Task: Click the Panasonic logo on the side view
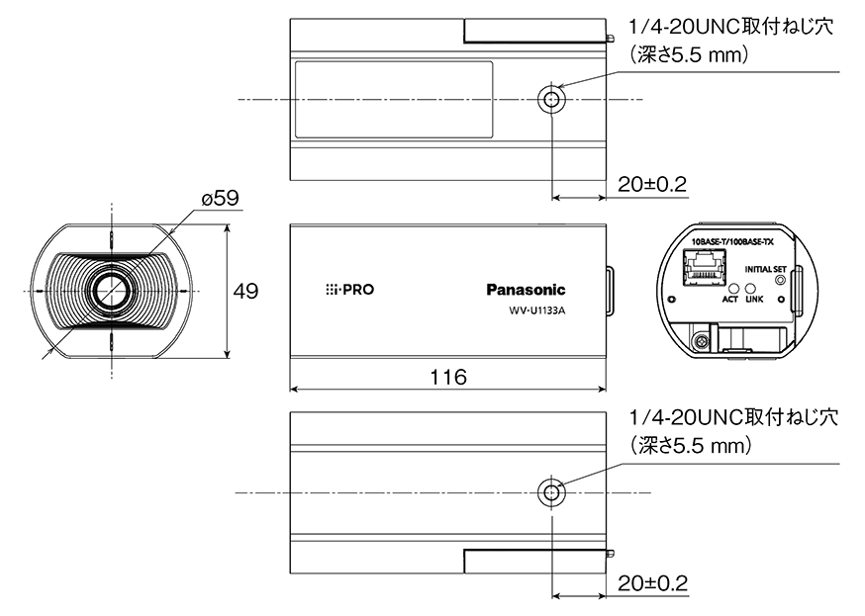(x=526, y=290)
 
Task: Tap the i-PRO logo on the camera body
(x=350, y=291)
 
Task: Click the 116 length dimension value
(x=448, y=377)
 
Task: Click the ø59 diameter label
(x=220, y=199)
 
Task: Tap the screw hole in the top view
(x=550, y=100)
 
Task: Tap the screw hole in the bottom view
(x=550, y=491)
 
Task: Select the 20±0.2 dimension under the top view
(x=651, y=184)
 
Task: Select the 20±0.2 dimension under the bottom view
(x=651, y=578)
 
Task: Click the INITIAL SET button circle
(x=781, y=281)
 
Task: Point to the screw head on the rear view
(x=702, y=340)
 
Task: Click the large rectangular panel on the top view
(x=393, y=98)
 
